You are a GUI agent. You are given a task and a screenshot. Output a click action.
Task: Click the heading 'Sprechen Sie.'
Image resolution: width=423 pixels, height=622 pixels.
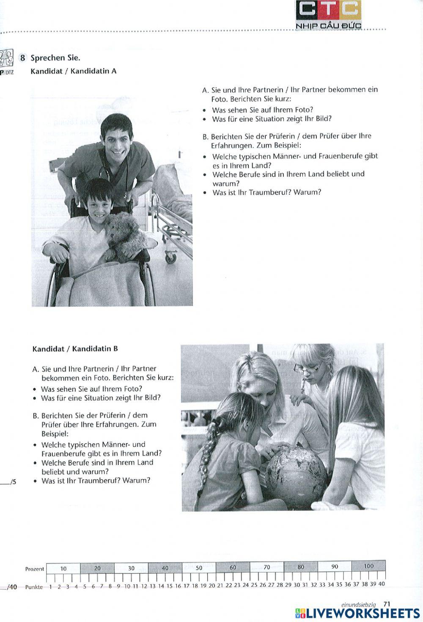[55, 58]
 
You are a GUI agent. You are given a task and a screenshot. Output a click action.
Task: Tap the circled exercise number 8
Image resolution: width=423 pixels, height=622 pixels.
[23, 58]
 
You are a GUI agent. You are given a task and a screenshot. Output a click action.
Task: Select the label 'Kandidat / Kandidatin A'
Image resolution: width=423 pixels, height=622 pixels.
[73, 71]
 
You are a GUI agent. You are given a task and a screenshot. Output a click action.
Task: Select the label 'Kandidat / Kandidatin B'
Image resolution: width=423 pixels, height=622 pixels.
[75, 349]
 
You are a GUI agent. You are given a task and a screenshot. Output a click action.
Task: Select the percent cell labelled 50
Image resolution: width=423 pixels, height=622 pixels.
[199, 568]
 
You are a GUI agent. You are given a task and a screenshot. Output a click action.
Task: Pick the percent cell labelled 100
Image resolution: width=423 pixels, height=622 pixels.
[368, 566]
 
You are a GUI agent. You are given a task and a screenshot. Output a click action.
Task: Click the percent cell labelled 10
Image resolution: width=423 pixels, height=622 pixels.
[63, 568]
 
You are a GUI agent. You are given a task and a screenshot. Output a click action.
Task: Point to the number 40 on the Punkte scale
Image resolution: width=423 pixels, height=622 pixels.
[381, 584]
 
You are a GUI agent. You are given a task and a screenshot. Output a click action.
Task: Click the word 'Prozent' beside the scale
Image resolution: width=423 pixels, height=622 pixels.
[34, 569]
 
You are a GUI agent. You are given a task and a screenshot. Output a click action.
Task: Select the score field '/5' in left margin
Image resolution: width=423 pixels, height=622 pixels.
[12, 481]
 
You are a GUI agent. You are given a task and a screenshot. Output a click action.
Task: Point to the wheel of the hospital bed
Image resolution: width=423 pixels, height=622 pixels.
[170, 257]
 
